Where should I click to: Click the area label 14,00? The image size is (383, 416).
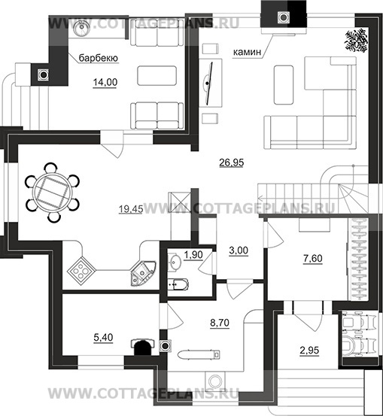click(x=105, y=82)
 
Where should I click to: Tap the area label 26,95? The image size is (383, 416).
click(x=232, y=162)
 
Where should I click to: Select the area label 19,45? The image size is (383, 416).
click(x=131, y=209)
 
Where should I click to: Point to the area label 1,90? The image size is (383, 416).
click(x=193, y=255)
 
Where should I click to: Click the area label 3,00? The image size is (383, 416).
click(x=239, y=251)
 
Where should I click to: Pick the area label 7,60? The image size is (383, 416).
click(x=313, y=258)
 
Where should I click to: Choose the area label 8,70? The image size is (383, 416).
click(x=220, y=323)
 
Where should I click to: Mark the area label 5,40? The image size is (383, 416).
click(x=103, y=338)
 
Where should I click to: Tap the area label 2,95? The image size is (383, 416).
click(x=309, y=351)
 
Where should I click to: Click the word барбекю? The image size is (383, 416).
click(x=99, y=58)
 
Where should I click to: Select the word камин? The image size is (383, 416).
click(x=247, y=52)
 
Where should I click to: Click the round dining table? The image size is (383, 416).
click(x=52, y=193)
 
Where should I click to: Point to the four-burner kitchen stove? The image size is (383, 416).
click(x=81, y=271)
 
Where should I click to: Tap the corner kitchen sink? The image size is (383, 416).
click(x=142, y=273)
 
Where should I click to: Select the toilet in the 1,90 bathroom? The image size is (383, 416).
click(x=178, y=284)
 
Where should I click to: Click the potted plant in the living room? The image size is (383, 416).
click(x=357, y=40)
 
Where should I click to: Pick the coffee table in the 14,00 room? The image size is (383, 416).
click(x=157, y=76)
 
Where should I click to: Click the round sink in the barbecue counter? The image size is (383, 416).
click(x=81, y=29)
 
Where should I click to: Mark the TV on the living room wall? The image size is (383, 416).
click(x=208, y=83)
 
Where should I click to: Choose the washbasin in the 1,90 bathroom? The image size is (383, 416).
click(x=175, y=262)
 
